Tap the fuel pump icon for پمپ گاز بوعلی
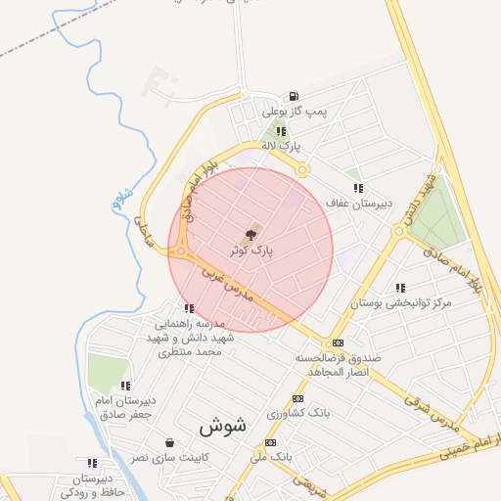click(293, 96)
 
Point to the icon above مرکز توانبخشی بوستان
click(400, 289)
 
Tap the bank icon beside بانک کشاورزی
click(297, 398)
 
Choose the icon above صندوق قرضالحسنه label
click(339, 342)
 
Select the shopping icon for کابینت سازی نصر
click(170, 442)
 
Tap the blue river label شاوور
click(121, 200)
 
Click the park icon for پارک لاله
click(281, 130)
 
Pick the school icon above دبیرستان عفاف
click(358, 188)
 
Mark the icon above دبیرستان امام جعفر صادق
click(124, 386)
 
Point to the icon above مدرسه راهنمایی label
click(189, 309)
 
